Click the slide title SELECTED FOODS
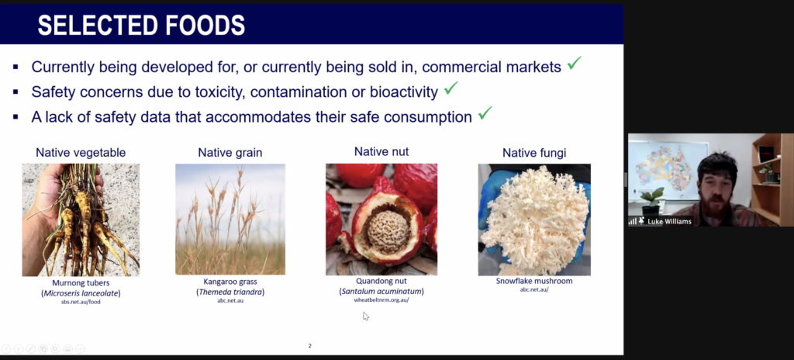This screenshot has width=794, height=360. click(141, 25)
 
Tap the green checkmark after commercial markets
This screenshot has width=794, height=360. click(575, 64)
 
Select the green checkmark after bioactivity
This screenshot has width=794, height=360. click(451, 88)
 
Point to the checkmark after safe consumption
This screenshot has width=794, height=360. click(485, 113)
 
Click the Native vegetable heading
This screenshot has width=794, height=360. click(81, 153)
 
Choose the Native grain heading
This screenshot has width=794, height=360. click(230, 153)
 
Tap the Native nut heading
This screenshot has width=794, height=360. click(381, 151)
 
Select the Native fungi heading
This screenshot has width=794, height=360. click(534, 153)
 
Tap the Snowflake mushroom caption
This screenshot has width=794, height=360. click(534, 281)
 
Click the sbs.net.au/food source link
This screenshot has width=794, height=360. click(81, 302)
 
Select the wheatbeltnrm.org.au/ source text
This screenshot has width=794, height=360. click(381, 299)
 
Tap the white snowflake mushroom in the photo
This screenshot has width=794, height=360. click(533, 216)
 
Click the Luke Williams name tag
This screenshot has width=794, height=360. click(669, 221)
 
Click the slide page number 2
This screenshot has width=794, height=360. click(310, 346)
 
